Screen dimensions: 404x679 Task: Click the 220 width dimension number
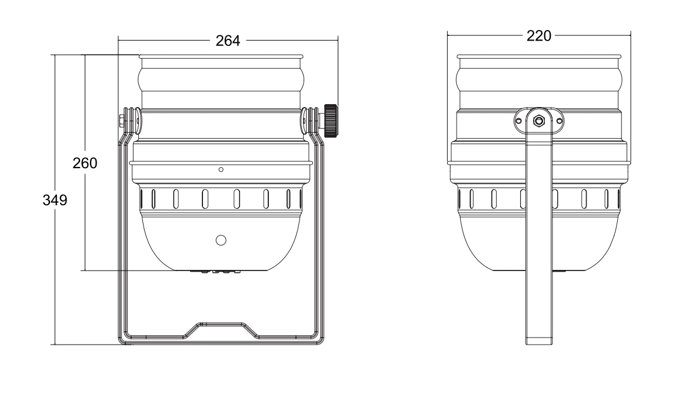pyautogui.click(x=539, y=36)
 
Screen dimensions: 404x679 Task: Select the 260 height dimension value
pyautogui.click(x=85, y=163)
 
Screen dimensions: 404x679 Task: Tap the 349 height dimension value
pyautogui.click(x=54, y=200)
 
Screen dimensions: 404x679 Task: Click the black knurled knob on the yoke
pyautogui.click(x=331, y=120)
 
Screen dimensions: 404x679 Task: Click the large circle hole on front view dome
pyautogui.click(x=221, y=240)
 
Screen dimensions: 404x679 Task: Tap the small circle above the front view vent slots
pyautogui.click(x=221, y=169)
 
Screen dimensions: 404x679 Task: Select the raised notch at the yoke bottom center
pyautogui.click(x=221, y=326)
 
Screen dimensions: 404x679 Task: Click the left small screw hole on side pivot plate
pyautogui.click(x=518, y=121)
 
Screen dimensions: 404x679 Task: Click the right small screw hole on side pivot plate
pyautogui.click(x=559, y=121)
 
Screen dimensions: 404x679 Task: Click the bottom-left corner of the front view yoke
pyautogui.click(x=122, y=339)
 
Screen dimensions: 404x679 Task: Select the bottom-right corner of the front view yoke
pyautogui.click(x=321, y=339)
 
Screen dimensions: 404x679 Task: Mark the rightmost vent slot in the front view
pyautogui.click(x=297, y=198)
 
